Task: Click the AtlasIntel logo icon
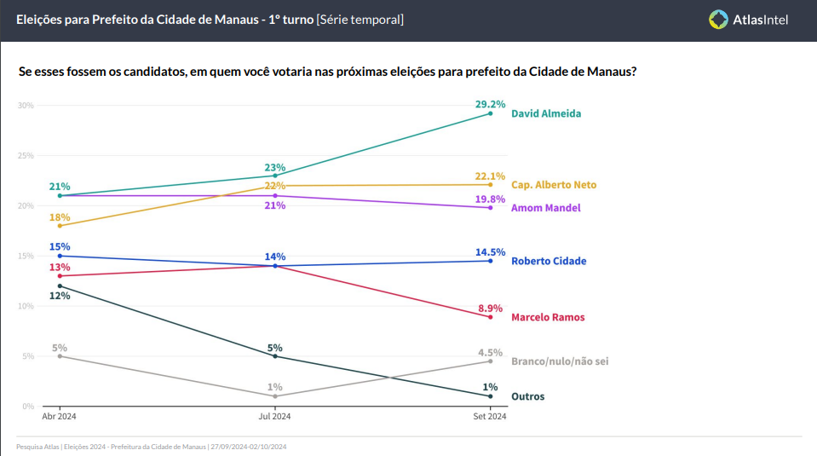coord(719,20)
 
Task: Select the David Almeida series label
coord(545,113)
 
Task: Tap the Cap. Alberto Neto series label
coord(554,185)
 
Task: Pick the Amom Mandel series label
coord(545,208)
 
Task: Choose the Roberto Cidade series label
coord(549,261)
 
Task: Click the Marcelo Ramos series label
coord(548,317)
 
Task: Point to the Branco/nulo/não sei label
coord(560,361)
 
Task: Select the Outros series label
coord(527,396)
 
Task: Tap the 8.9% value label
coord(490,308)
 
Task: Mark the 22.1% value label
coord(490,176)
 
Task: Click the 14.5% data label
coord(490,251)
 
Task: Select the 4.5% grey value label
coord(490,352)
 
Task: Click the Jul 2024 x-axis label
coord(274,417)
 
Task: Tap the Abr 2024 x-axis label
coord(60,417)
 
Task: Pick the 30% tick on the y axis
coord(25,106)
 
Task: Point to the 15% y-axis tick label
coord(25,256)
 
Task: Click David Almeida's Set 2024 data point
coord(490,113)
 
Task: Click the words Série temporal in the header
coord(360,19)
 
